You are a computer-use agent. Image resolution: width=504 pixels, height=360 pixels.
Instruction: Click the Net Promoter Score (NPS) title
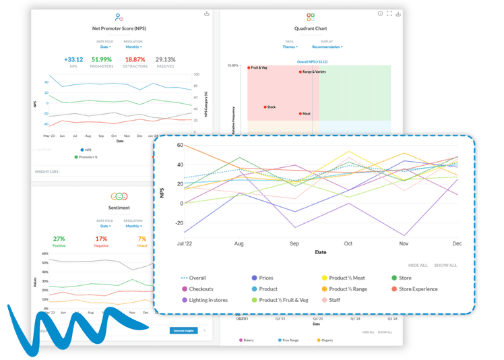(x=119, y=29)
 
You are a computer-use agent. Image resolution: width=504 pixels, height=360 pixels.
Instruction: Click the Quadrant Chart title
(x=311, y=29)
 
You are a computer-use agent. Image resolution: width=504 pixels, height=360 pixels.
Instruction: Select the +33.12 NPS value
(x=73, y=59)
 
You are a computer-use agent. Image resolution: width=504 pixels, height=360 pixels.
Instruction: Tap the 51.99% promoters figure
(x=102, y=59)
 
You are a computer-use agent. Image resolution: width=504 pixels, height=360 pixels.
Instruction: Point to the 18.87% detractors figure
(x=135, y=59)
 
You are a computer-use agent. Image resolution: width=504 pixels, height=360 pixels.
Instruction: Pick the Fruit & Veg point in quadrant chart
(x=249, y=67)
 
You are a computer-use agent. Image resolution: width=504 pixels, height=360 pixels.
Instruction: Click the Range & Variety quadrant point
(x=301, y=71)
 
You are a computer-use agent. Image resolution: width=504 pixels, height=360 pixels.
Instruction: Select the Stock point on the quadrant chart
(x=265, y=107)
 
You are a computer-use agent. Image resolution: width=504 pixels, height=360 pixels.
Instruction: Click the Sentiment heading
(x=119, y=208)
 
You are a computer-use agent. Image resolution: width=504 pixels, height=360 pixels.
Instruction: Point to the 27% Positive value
(x=59, y=239)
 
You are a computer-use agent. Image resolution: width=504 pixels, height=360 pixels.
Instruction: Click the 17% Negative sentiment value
(x=101, y=239)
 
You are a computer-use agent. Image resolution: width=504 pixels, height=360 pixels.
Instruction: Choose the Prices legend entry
(x=265, y=278)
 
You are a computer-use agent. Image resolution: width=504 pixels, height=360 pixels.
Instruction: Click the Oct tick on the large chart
(x=348, y=243)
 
